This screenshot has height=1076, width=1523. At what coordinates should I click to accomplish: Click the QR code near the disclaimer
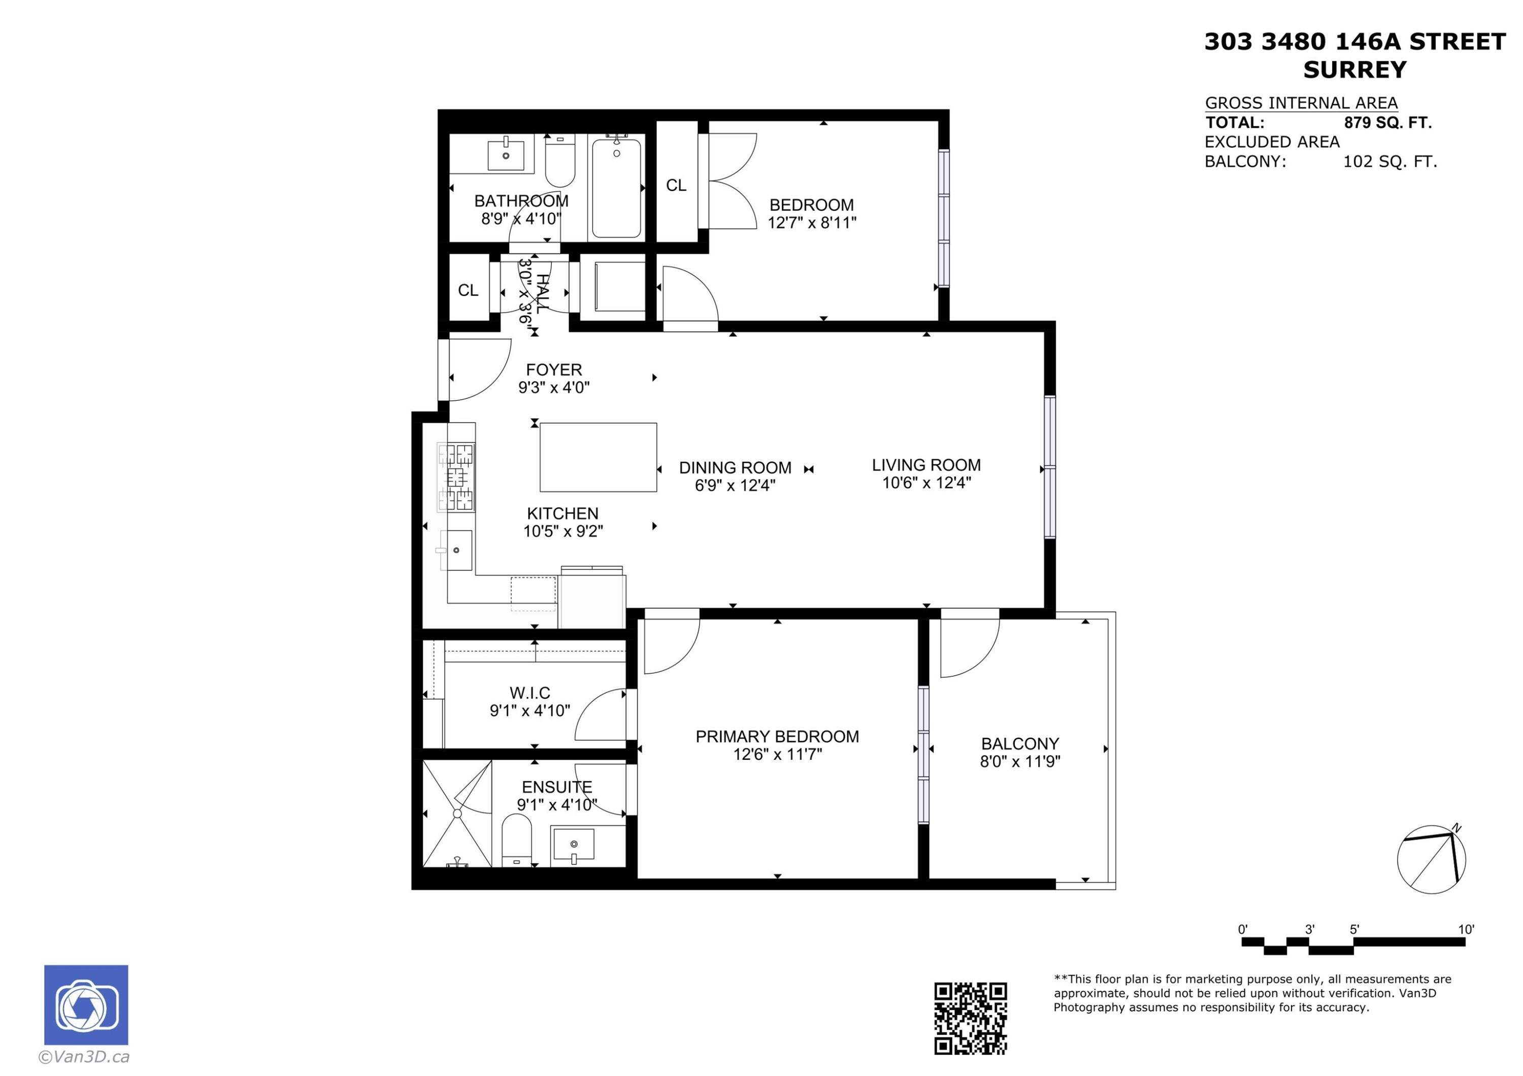[x=971, y=1018]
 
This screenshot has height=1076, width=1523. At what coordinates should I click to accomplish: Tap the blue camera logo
[x=86, y=1005]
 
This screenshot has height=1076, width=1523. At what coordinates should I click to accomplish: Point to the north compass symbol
[x=1432, y=860]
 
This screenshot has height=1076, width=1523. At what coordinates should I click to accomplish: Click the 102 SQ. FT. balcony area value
[x=1389, y=162]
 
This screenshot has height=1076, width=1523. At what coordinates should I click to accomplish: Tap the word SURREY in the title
[x=1354, y=70]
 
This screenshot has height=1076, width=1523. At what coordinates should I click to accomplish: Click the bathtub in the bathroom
[x=616, y=188]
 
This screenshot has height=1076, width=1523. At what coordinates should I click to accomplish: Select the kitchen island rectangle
[x=599, y=458]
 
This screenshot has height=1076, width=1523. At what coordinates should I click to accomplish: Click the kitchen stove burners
[x=457, y=477]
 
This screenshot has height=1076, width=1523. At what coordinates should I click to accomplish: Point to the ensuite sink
[x=574, y=845]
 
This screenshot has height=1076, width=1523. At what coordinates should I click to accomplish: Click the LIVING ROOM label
[x=926, y=465]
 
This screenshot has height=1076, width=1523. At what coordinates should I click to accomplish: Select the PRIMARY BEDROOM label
[x=777, y=737]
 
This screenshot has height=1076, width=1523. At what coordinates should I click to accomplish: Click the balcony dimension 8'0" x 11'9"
[x=1020, y=761]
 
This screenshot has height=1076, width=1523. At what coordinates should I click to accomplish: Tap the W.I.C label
[x=530, y=693]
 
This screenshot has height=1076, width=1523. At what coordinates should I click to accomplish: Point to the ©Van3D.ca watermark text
[x=84, y=1057]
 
